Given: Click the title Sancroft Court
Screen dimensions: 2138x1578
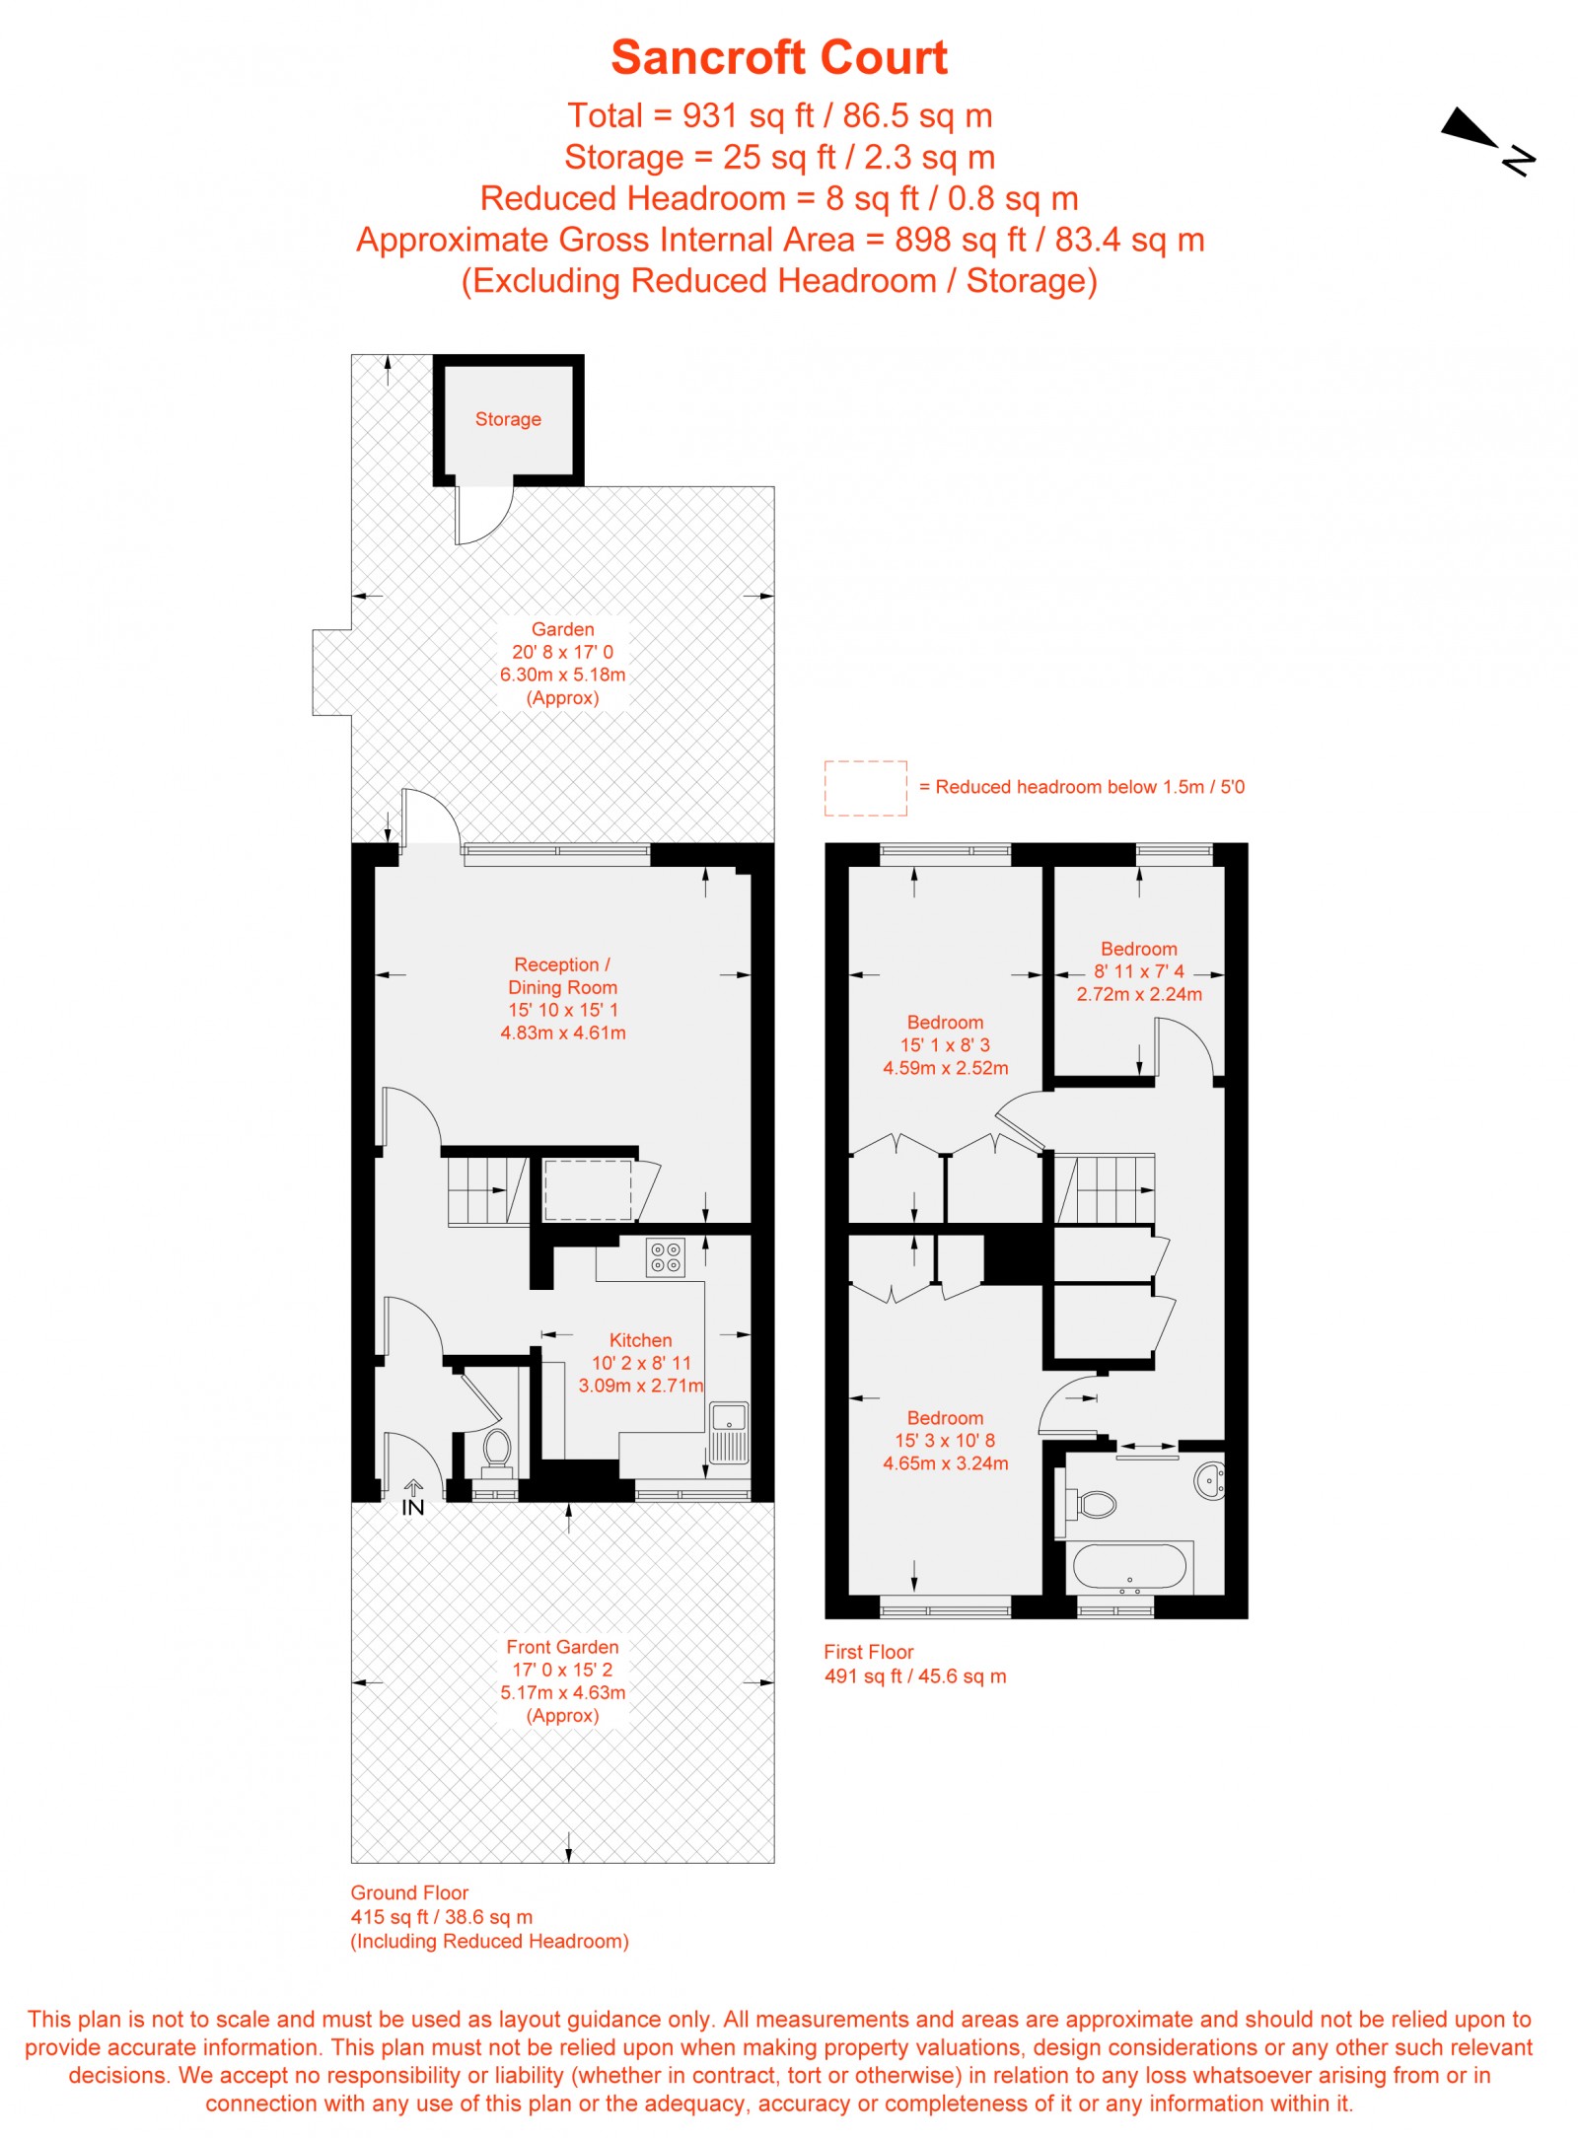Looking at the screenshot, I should coord(778,57).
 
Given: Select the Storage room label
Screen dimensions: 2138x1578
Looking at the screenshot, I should coord(508,419).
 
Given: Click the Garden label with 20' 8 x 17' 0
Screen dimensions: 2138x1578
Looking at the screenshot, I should coord(562,663).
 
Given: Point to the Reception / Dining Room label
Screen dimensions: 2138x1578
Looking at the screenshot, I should coord(562,998).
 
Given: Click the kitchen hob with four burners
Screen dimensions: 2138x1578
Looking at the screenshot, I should coord(665,1257).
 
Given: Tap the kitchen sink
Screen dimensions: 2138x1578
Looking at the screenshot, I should coord(729,1431).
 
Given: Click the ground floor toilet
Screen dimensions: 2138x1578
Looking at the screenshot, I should coord(496,1450).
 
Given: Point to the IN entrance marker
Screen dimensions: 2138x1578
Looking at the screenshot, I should coord(412,1500).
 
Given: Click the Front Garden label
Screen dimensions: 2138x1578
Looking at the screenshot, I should coord(562,1680).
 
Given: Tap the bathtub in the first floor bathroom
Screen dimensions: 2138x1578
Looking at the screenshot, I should coord(1129,1566).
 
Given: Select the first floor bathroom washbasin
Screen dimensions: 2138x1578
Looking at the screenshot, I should coord(1209,1481).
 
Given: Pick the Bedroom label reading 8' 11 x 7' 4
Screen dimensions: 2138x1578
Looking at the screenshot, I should coord(1138,971).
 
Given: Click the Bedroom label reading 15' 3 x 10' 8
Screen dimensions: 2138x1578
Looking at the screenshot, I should coord(945,1440).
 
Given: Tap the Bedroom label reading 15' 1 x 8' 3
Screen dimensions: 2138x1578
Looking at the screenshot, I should coord(945,1044).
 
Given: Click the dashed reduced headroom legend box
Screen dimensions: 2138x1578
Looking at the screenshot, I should coord(865,788).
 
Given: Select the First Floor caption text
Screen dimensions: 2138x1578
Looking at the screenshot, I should coord(868,1652).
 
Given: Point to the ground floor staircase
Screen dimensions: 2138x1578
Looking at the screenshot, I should coord(487,1190).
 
